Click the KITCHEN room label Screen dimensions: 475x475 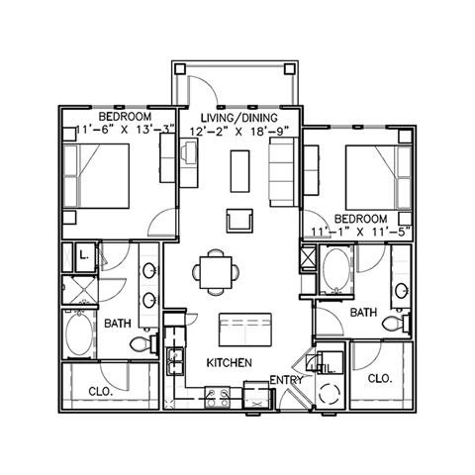pyautogui.click(x=230, y=363)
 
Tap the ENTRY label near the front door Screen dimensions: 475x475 pyautogui.click(x=286, y=380)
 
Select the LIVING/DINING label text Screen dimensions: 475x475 pyautogui.click(x=239, y=118)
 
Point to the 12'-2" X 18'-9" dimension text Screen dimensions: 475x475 pyautogui.click(x=239, y=132)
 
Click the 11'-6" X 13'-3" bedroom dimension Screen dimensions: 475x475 pyautogui.click(x=126, y=130)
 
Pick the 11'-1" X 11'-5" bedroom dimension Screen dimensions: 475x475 pyautogui.click(x=361, y=232)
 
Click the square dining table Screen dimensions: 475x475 pyautogui.click(x=216, y=272)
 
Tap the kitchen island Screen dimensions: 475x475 pyautogui.click(x=245, y=330)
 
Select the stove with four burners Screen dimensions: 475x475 pyautogui.click(x=218, y=397)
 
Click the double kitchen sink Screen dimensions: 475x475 pyautogui.click(x=175, y=361)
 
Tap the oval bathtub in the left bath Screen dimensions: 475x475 pyautogui.click(x=79, y=333)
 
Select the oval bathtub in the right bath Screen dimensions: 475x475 pyautogui.click(x=335, y=268)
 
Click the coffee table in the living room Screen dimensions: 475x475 pyautogui.click(x=239, y=171)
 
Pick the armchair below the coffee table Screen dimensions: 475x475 pyautogui.click(x=239, y=221)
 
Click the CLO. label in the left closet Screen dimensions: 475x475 pyautogui.click(x=101, y=392)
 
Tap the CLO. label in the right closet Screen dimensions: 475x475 pyautogui.click(x=380, y=378)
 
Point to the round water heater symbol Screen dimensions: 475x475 pyautogui.click(x=330, y=394)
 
